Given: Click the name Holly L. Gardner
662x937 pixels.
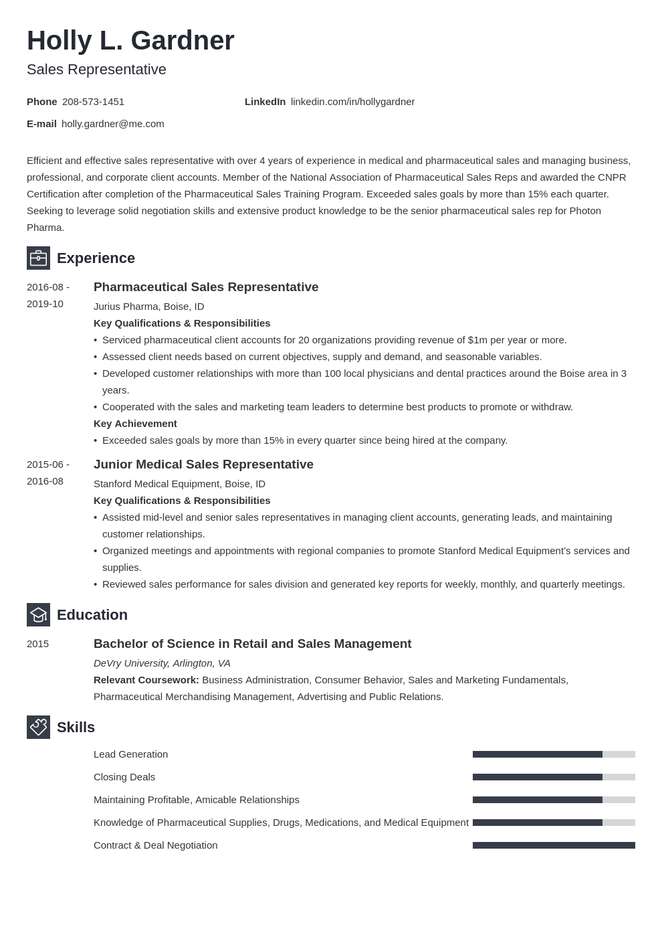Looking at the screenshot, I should (x=130, y=41).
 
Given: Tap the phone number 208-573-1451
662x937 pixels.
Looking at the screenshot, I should (x=93, y=102).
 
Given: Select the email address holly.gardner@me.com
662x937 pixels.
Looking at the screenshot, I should (x=112, y=124).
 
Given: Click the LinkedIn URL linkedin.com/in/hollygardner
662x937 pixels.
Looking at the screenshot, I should (x=352, y=102).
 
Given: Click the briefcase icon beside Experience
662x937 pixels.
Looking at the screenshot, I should (x=38, y=258).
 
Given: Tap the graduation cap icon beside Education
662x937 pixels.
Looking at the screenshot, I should (x=38, y=615).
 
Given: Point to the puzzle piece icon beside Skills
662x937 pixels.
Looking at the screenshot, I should (x=38, y=728).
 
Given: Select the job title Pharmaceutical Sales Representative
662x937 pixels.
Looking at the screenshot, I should (x=206, y=287).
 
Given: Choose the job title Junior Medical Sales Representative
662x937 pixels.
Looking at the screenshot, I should (x=203, y=464).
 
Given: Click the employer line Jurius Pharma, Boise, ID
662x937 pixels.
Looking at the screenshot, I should (x=148, y=307).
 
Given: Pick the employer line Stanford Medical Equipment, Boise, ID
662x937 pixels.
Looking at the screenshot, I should (x=179, y=484).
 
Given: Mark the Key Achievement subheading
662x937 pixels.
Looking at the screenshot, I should (x=135, y=424).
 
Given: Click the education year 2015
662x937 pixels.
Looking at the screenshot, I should (x=37, y=644).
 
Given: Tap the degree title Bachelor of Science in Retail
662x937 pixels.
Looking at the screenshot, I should (x=252, y=644).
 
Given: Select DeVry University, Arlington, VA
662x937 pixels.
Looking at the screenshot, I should (x=162, y=663).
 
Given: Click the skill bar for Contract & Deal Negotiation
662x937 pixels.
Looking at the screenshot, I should (x=554, y=845).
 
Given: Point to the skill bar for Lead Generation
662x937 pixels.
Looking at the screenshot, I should (x=554, y=754).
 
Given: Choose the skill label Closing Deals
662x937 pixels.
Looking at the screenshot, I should (x=124, y=777).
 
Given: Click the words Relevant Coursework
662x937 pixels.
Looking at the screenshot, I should (x=146, y=680).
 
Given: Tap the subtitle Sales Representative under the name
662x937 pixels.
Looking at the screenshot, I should (x=96, y=70).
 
